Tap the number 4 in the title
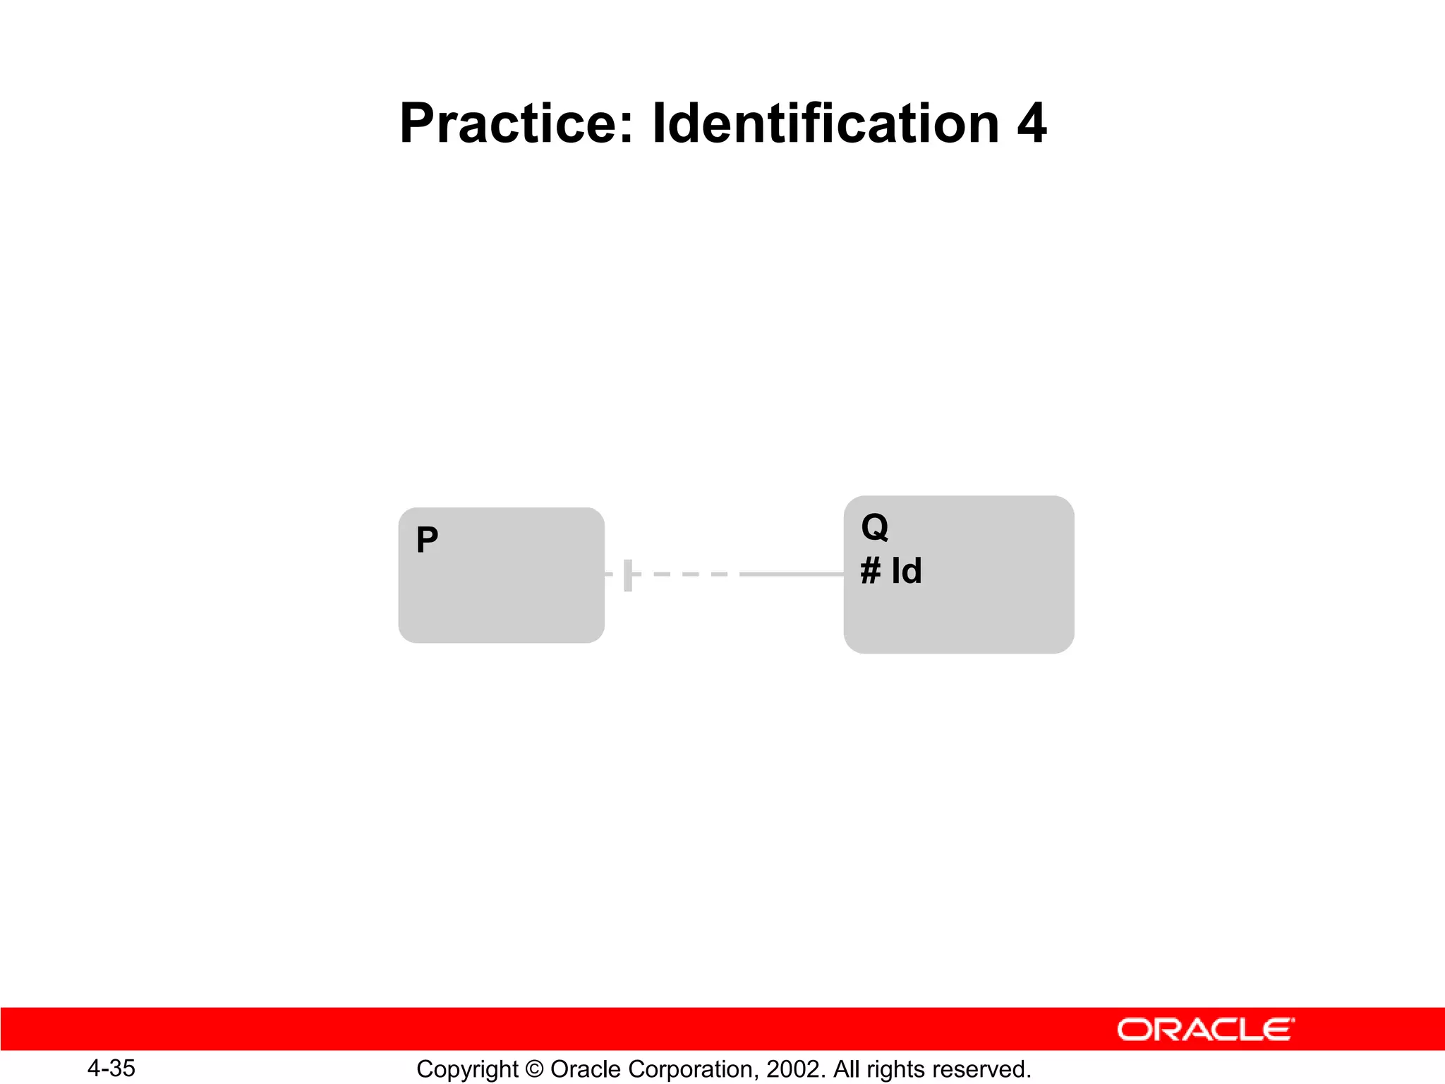coord(1032,124)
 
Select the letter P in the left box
coord(427,541)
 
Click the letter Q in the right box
coord(875,527)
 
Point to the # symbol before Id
coord(871,571)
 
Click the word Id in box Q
coord(907,571)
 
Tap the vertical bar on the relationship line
coord(628,574)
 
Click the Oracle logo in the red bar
coord(1206,1030)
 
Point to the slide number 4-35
coord(111,1068)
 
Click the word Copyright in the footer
coord(467,1070)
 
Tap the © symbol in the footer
coord(534,1070)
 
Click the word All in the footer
coord(846,1070)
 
